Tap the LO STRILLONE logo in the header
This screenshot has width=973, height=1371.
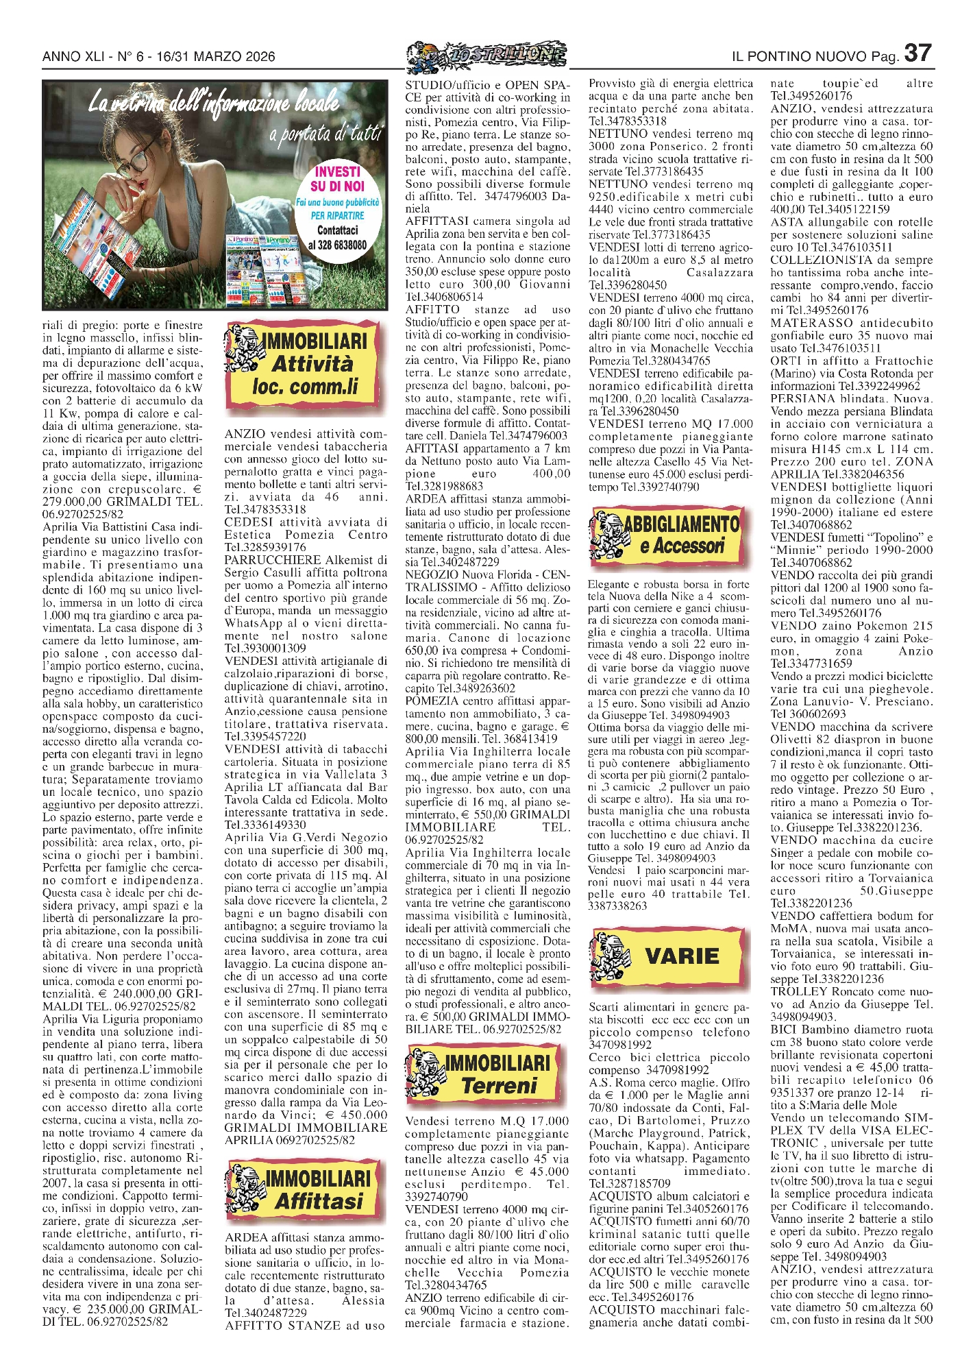pos(486,56)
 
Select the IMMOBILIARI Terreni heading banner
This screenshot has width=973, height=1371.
pos(487,1074)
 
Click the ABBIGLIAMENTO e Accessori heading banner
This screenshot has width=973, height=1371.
pos(665,535)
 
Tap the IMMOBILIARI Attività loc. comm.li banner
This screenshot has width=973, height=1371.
pos(304,364)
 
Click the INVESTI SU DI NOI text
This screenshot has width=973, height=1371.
pos(337,179)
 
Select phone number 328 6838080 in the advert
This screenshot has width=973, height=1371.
pos(337,245)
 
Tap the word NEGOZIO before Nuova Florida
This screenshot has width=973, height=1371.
pos(432,574)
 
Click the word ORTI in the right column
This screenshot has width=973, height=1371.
pos(784,361)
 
